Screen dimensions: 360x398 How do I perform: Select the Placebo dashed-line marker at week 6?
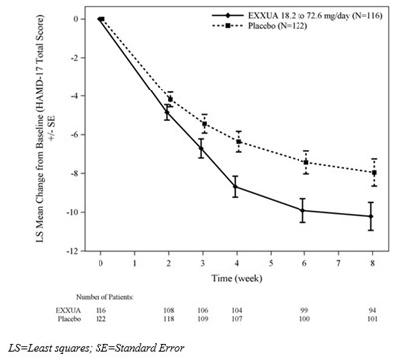[304, 162]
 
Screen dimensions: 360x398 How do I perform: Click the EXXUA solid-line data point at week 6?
[304, 210]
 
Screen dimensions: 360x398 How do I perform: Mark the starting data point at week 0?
[100, 19]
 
